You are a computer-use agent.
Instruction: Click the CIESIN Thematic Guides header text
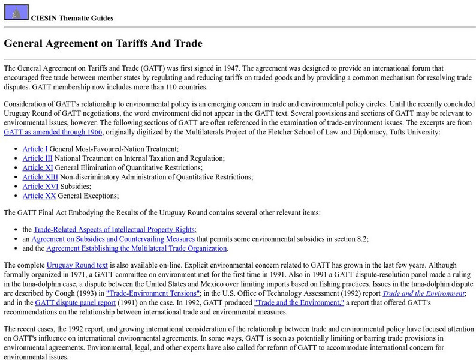[x=72, y=18]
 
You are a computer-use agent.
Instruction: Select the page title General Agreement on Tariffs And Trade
[x=103, y=43]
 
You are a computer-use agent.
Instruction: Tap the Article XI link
[x=37, y=167]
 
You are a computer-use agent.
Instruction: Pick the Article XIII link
[x=40, y=177]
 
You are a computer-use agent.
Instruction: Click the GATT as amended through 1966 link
[x=53, y=132]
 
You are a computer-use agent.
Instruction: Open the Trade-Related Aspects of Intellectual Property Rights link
[x=114, y=229]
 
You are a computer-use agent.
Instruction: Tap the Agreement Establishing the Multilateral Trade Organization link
[x=137, y=248]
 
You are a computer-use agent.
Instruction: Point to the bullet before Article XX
[x=16, y=196]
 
